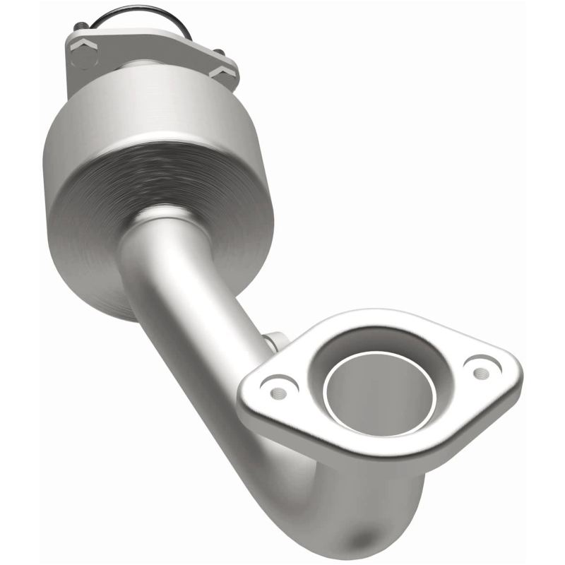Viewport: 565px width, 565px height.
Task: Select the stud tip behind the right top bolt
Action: pos(218,52)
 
